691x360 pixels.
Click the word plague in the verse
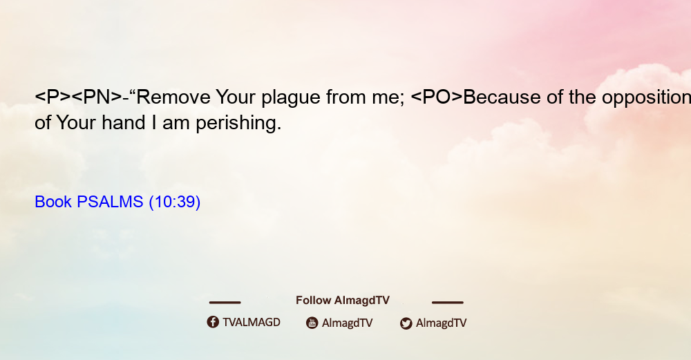click(291, 98)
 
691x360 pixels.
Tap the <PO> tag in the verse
click(437, 97)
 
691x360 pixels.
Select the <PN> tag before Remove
click(97, 97)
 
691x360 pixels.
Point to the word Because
click(502, 97)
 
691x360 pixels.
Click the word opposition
click(646, 98)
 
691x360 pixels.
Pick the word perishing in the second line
click(238, 124)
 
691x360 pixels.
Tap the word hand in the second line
click(124, 122)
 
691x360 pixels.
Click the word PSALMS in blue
click(110, 202)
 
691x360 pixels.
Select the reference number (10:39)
click(175, 202)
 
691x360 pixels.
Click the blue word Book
click(53, 202)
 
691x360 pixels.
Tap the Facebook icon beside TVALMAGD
click(213, 322)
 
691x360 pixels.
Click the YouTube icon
click(312, 323)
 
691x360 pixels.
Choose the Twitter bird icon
click(406, 323)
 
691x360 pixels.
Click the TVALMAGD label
click(252, 322)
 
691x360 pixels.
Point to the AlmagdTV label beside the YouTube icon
click(348, 323)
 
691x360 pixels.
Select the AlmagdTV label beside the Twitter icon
click(441, 323)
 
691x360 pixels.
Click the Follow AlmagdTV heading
click(343, 300)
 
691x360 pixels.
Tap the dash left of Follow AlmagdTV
click(225, 302)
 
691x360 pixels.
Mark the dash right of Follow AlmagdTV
click(448, 302)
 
